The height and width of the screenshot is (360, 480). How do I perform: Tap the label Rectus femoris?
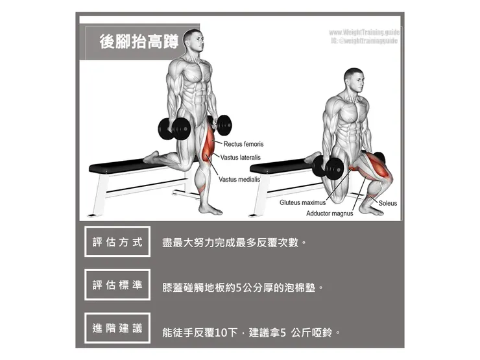pyautogui.click(x=243, y=144)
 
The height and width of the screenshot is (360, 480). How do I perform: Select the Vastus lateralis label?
pyautogui.click(x=242, y=158)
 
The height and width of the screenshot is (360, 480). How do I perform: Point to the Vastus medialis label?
pyautogui.click(x=239, y=179)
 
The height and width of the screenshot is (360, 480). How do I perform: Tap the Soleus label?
pyautogui.click(x=387, y=203)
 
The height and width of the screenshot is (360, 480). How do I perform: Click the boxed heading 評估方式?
pyautogui.click(x=117, y=242)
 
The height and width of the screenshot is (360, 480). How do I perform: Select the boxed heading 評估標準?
pyautogui.click(x=117, y=285)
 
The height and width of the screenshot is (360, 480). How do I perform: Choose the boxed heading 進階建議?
pyautogui.click(x=117, y=328)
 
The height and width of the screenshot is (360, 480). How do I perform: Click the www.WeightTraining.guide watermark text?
pyautogui.click(x=363, y=32)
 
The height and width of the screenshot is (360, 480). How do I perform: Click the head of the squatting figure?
pyautogui.click(x=353, y=80)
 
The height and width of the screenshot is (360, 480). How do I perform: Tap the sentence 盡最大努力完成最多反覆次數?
pyautogui.click(x=234, y=243)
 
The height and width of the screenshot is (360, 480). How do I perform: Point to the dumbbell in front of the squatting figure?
pyautogui.click(x=328, y=167)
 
